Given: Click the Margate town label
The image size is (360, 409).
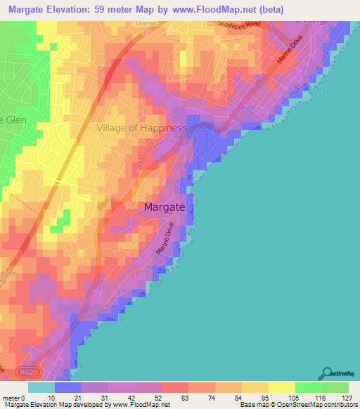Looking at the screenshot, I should (x=166, y=207).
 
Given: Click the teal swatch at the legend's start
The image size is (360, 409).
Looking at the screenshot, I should (x=41, y=387).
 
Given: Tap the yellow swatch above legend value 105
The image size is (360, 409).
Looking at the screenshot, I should (x=282, y=387).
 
